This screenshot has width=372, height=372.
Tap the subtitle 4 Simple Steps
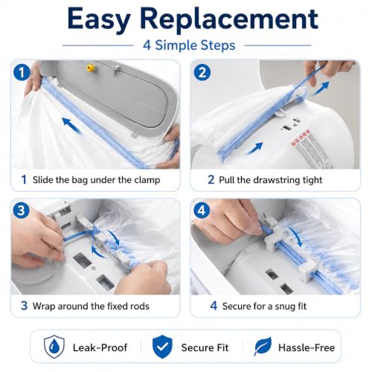pyautogui.click(x=189, y=45)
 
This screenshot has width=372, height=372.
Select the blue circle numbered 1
pyautogui.click(x=22, y=72)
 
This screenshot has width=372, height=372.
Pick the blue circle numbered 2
pyautogui.click(x=202, y=72)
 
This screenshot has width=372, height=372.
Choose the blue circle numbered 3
pyautogui.click(x=22, y=211)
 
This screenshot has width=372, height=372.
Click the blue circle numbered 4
pyautogui.click(x=202, y=211)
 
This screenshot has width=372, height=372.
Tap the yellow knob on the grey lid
pyautogui.click(x=91, y=68)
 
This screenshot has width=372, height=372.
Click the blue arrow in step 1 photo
pyautogui.click(x=71, y=126)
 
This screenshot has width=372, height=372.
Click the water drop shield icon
pyautogui.click(x=54, y=347)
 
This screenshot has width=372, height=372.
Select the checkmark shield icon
pyautogui.click(x=162, y=347)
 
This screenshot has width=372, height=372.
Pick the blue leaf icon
pyautogui.click(x=263, y=346)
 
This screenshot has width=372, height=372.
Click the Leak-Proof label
pyautogui.click(x=100, y=347)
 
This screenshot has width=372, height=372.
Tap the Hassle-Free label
pyautogui.click(x=307, y=347)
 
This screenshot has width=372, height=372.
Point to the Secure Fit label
pyautogui.click(x=205, y=347)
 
